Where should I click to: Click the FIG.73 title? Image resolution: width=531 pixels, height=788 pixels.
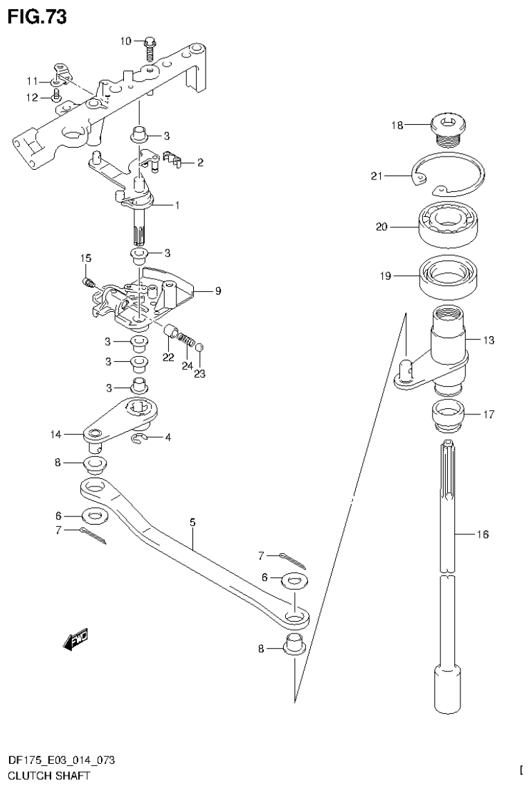point(37,16)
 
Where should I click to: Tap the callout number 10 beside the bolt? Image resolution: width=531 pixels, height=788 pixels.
point(125,42)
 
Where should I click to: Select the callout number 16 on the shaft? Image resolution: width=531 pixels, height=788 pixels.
point(483,534)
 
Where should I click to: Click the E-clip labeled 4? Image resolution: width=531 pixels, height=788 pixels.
point(138,438)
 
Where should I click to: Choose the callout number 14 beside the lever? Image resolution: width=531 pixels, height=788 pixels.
point(55,435)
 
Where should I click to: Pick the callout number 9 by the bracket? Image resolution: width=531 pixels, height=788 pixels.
point(217,291)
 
